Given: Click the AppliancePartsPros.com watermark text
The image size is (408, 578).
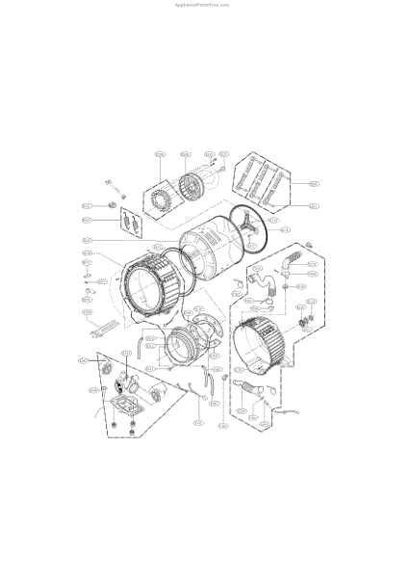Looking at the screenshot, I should (203, 4).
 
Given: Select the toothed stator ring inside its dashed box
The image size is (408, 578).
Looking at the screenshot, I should (157, 200).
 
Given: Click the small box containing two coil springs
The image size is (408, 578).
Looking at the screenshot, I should (134, 223).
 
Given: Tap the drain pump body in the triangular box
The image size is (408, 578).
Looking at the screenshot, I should (125, 389).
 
